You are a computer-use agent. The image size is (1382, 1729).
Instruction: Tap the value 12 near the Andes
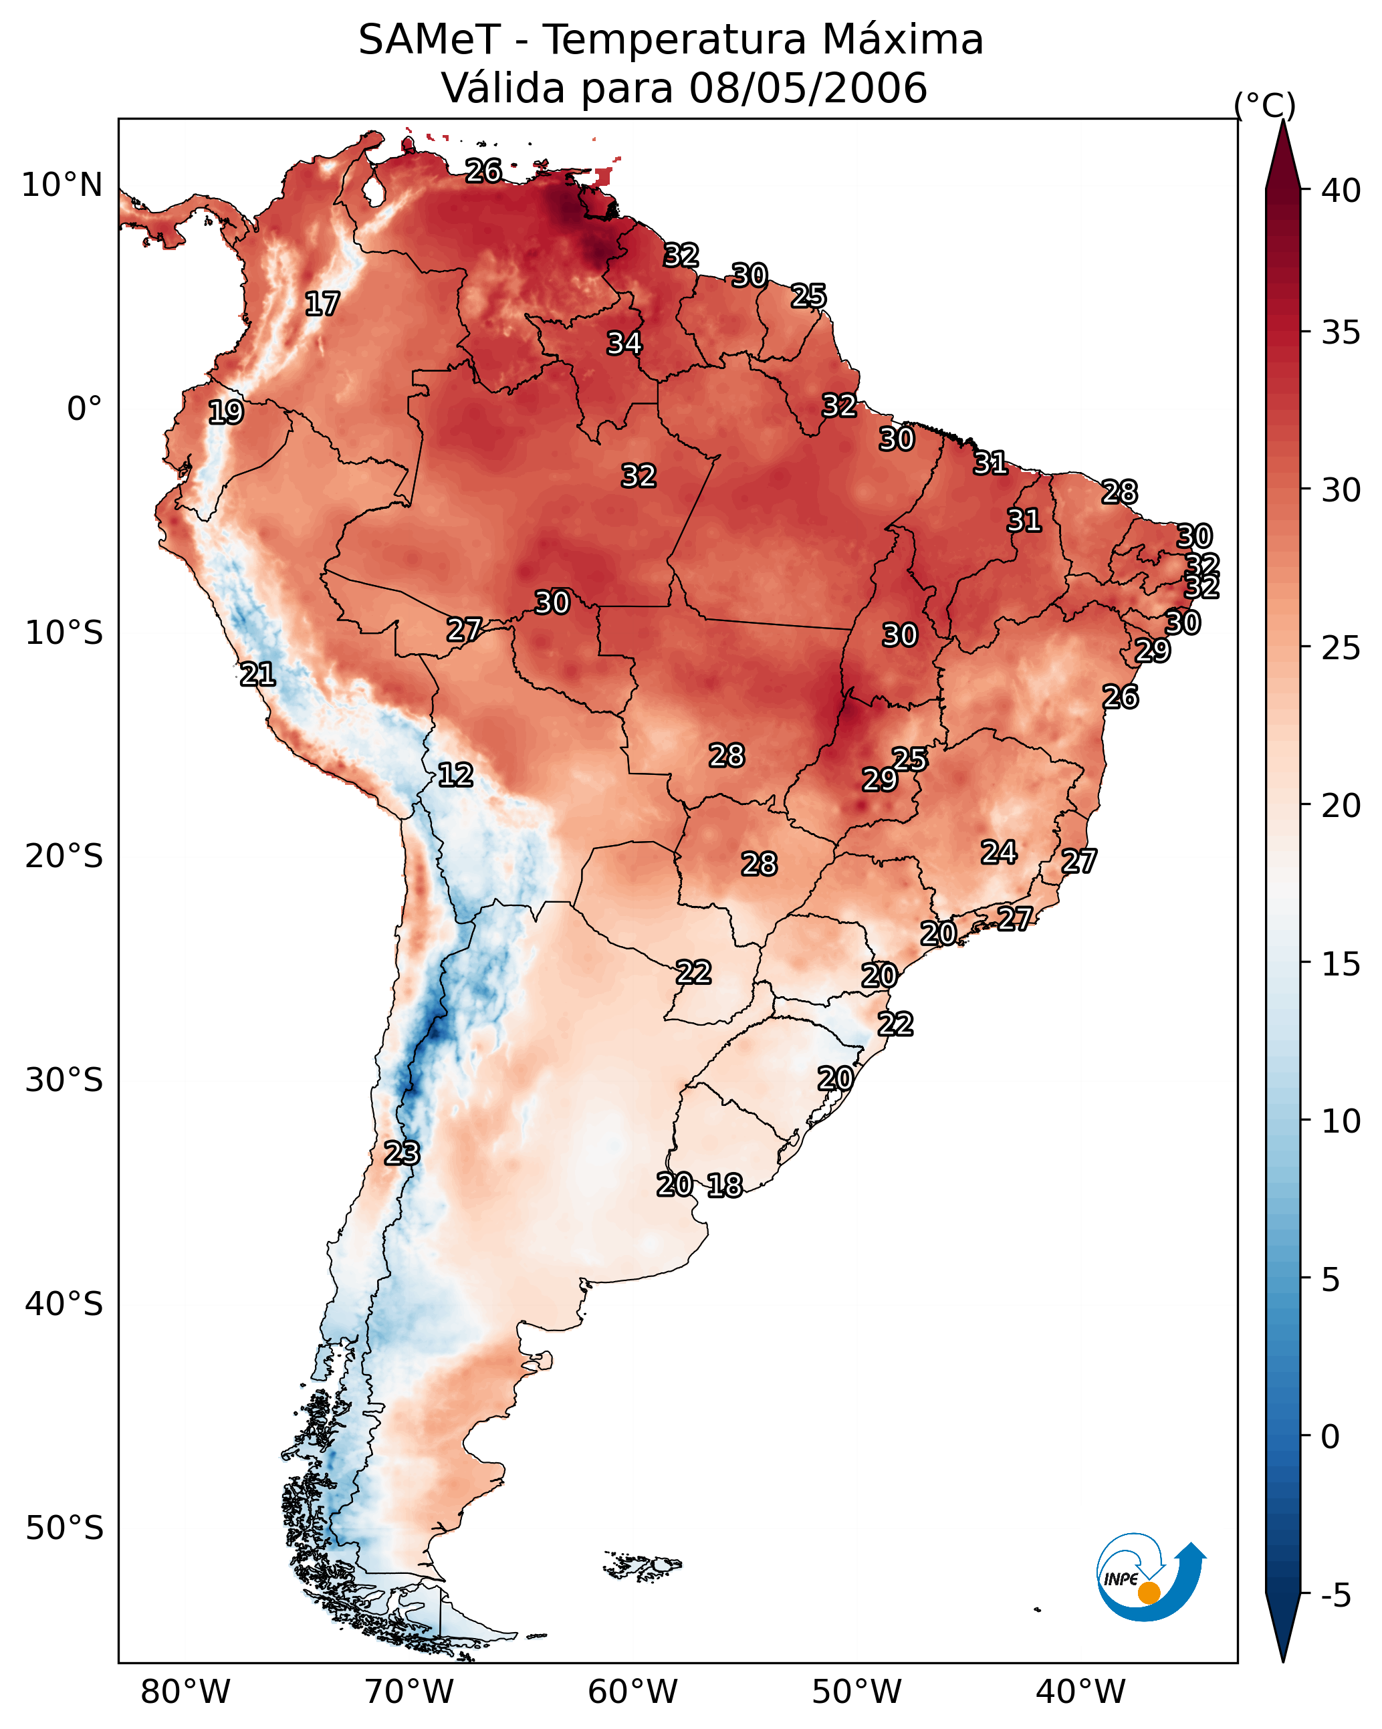click(x=455, y=775)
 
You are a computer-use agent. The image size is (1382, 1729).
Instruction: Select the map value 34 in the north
click(x=624, y=343)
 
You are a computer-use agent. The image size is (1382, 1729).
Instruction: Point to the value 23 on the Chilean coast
click(x=402, y=1153)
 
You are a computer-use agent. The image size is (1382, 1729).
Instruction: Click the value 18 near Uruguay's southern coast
click(x=725, y=1185)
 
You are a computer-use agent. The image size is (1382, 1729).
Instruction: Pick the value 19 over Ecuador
click(x=226, y=413)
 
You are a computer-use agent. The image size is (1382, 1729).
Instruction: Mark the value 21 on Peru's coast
click(x=258, y=675)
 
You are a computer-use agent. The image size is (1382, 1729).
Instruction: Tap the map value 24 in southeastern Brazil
click(x=1000, y=852)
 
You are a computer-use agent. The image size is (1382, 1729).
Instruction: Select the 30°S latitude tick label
click(x=64, y=1080)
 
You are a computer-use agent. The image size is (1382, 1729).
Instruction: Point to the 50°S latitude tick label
click(x=64, y=1528)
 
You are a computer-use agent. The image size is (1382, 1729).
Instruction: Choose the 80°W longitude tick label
click(x=185, y=1692)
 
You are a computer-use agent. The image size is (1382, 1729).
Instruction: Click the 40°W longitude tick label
click(x=1080, y=1692)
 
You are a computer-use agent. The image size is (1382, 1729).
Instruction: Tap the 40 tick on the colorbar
click(x=1341, y=191)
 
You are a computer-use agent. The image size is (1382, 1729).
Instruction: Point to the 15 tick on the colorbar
click(x=1341, y=964)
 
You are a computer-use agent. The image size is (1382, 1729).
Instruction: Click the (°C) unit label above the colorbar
click(x=1265, y=105)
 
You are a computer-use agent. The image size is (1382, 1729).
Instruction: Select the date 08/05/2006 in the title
click(x=808, y=88)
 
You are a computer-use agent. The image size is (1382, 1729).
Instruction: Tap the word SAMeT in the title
click(x=429, y=39)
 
